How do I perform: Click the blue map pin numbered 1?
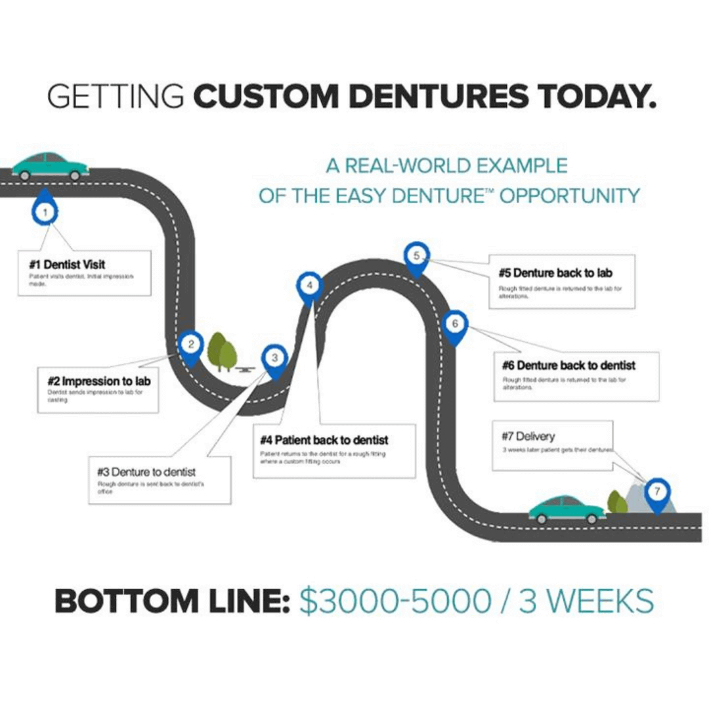(45, 211)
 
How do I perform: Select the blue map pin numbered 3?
(274, 358)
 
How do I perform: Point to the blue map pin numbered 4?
(310, 286)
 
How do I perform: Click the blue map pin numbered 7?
(656, 492)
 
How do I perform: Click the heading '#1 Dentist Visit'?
(67, 265)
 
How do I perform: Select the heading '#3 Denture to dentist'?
(146, 472)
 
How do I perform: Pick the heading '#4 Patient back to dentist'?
(324, 439)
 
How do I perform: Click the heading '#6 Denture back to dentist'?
(569, 365)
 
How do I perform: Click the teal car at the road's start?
(50, 166)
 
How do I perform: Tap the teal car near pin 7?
(567, 509)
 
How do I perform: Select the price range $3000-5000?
(395, 601)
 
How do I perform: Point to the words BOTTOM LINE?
(172, 601)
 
